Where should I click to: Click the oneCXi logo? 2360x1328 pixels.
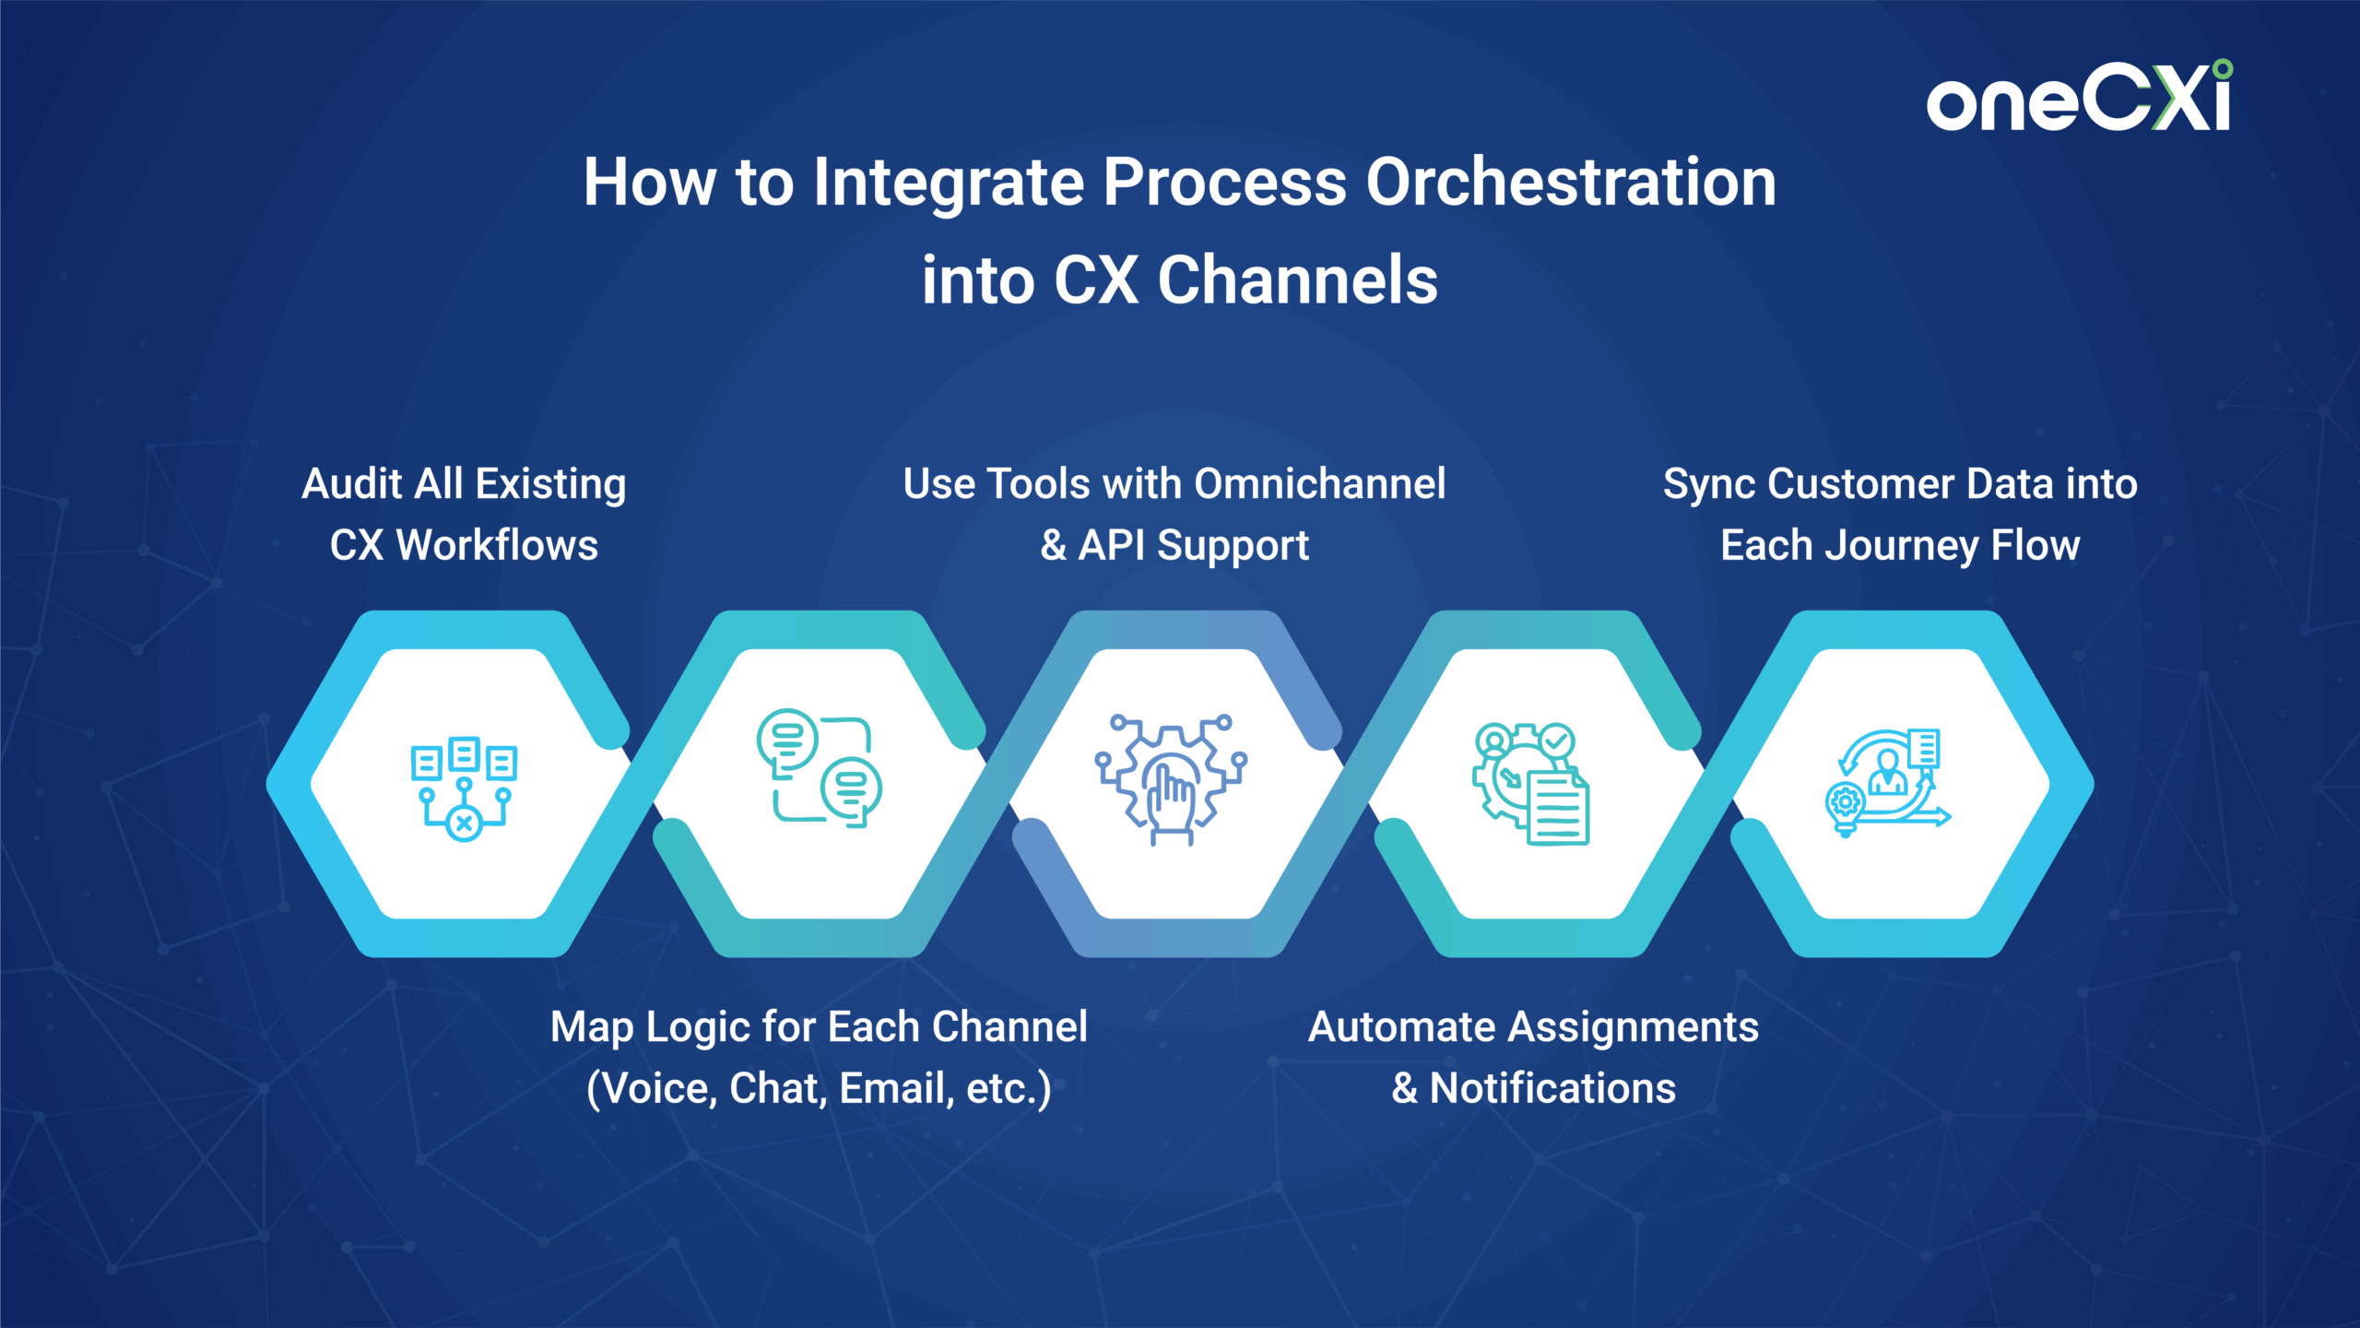[2079, 96]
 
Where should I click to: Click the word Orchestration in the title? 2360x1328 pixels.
[1571, 182]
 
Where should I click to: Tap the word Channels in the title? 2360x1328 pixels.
[1297, 279]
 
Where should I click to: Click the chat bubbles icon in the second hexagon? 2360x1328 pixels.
[819, 768]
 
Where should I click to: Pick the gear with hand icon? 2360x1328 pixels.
[1171, 779]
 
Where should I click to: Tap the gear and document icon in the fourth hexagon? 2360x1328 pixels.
[1530, 783]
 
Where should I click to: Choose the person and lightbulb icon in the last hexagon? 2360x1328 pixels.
[1888, 782]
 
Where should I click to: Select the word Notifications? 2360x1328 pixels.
[1552, 1088]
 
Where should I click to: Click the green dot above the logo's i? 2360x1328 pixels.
[2223, 69]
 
